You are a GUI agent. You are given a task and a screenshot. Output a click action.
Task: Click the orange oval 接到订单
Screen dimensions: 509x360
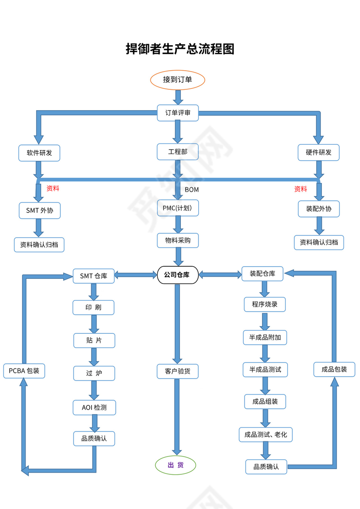pyautogui.click(x=177, y=80)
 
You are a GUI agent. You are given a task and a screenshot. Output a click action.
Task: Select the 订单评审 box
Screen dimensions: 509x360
pyautogui.click(x=177, y=113)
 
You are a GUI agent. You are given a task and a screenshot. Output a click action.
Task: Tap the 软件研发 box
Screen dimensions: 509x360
pyautogui.click(x=39, y=153)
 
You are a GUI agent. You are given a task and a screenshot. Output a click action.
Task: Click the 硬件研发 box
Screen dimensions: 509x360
pyautogui.click(x=318, y=152)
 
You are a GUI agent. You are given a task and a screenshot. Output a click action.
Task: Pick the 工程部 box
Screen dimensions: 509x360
pyautogui.click(x=177, y=152)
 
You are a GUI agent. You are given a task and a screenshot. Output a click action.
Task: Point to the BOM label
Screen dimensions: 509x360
pyautogui.click(x=192, y=189)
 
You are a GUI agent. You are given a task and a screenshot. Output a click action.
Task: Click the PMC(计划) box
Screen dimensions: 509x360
pyautogui.click(x=177, y=208)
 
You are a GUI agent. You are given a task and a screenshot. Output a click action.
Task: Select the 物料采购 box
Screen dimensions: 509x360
pyautogui.click(x=177, y=240)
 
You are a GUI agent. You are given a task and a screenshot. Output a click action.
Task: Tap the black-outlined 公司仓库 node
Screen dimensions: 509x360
pyautogui.click(x=177, y=274)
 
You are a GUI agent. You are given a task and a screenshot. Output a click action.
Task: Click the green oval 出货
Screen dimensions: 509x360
pyautogui.click(x=176, y=465)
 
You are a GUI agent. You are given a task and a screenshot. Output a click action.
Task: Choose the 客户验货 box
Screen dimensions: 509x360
pyautogui.click(x=177, y=371)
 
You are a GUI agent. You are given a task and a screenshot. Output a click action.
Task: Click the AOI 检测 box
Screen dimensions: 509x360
pyautogui.click(x=94, y=407)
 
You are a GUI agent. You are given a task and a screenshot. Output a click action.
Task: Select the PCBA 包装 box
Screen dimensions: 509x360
pyautogui.click(x=24, y=371)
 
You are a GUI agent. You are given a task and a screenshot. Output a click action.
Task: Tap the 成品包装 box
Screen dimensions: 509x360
pyautogui.click(x=334, y=369)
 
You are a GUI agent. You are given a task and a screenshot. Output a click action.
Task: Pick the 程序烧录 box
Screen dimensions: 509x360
pyautogui.click(x=265, y=304)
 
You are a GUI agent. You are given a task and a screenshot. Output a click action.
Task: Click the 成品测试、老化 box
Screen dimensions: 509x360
pyautogui.click(x=265, y=434)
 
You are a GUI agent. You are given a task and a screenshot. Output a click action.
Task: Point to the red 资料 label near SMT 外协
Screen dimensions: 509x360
pyautogui.click(x=53, y=188)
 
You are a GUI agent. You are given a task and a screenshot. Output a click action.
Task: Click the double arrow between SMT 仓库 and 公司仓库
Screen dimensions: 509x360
pyautogui.click(x=136, y=274)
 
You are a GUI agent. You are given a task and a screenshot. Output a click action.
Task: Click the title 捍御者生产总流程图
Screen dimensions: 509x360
pyautogui.click(x=180, y=49)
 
